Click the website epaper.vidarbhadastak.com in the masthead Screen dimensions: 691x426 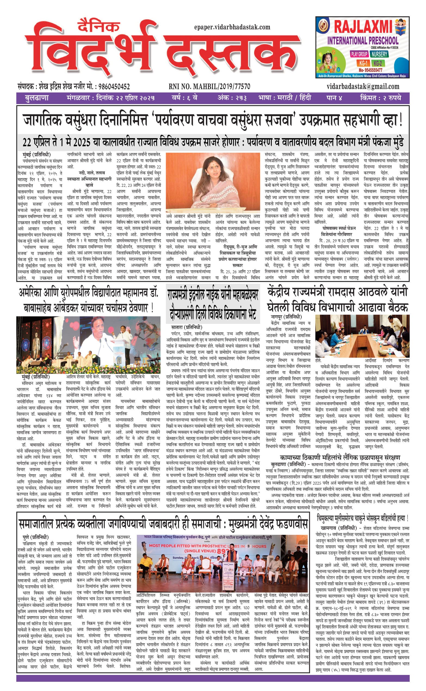coord(232,27)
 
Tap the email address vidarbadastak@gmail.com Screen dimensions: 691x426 coord(363,86)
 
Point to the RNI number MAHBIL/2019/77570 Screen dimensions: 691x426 coord(209,86)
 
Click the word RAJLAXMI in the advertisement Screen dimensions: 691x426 coord(363,27)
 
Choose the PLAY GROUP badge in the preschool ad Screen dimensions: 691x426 coord(359,54)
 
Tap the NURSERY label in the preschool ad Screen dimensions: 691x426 coord(379,54)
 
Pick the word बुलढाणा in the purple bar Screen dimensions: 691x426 coord(37,98)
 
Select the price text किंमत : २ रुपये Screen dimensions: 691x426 coord(380,98)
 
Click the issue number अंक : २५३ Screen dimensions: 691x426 coord(232,98)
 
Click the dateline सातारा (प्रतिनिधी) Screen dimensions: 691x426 coord(187,327)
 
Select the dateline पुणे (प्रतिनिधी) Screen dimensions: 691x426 coord(35,537)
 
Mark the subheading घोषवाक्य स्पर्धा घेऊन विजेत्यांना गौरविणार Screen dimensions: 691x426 coord(337,231)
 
